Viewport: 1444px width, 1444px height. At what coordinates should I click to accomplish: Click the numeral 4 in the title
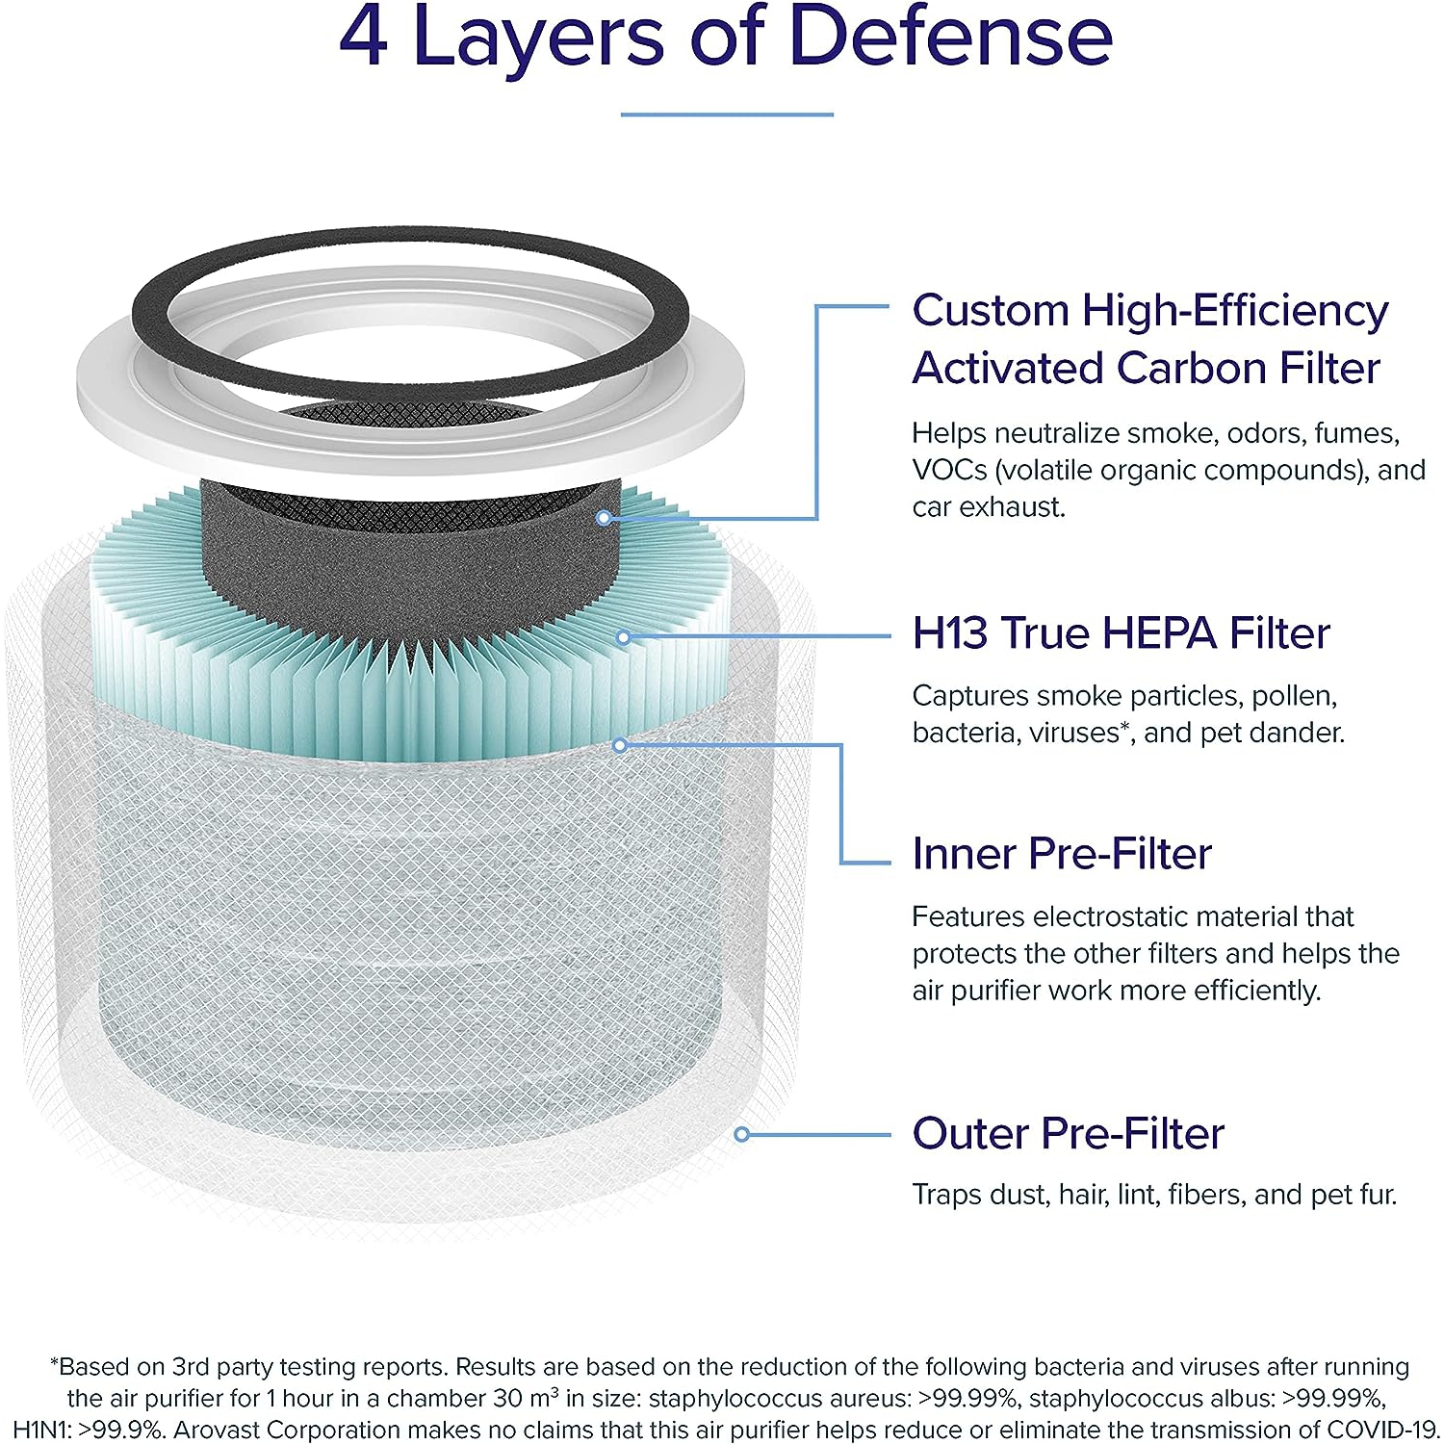[364, 37]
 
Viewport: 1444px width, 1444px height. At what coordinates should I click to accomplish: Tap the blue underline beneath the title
[727, 115]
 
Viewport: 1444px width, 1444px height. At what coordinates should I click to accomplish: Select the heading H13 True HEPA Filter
[1122, 633]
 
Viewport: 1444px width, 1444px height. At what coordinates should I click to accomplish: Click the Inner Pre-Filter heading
[1062, 854]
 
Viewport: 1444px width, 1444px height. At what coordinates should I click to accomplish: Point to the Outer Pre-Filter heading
[1069, 1133]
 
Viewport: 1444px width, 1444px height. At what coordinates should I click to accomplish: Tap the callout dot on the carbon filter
[604, 518]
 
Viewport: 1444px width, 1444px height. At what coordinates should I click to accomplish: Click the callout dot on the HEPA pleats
[624, 637]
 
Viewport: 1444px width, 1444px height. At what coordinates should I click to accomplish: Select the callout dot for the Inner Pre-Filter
[620, 745]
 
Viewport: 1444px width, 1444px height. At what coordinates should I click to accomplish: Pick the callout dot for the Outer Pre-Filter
[741, 1135]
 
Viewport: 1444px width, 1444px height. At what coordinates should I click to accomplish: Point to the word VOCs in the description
[950, 471]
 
